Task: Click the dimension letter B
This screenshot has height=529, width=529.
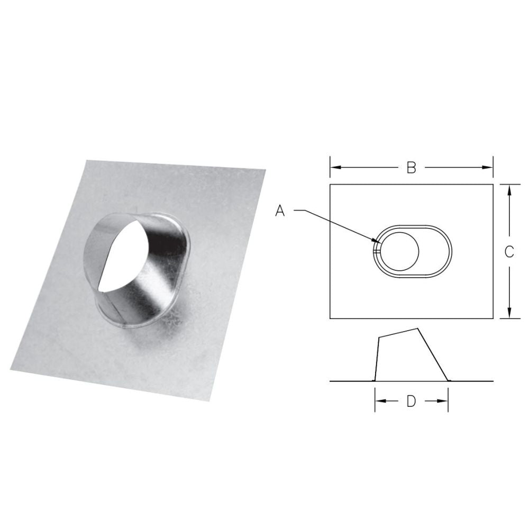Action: click(x=411, y=168)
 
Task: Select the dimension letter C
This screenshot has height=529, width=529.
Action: click(x=509, y=252)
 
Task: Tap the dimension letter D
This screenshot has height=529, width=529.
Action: click(x=411, y=402)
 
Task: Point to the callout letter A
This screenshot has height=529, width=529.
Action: click(x=280, y=211)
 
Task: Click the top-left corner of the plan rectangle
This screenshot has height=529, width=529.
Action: click(x=330, y=184)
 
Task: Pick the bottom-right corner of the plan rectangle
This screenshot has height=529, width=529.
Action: click(x=494, y=318)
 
